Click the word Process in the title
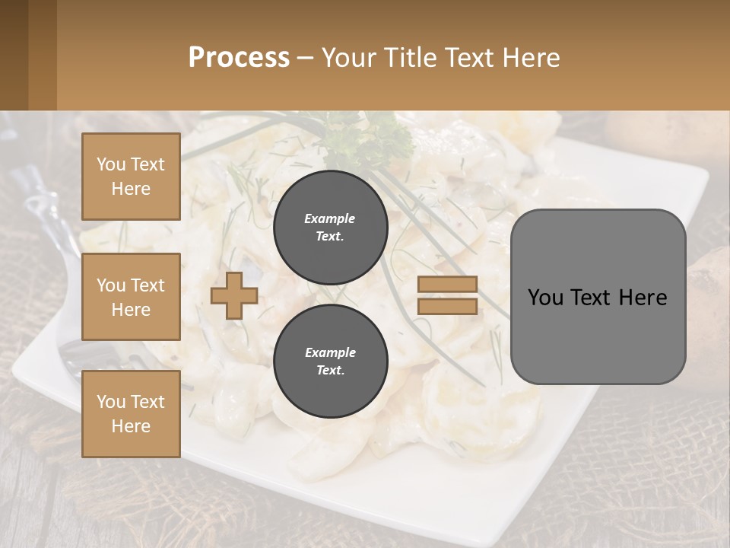click(x=239, y=57)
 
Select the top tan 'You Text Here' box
click(x=131, y=177)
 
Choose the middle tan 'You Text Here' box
click(x=131, y=297)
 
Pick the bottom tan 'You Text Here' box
click(x=131, y=413)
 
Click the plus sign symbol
click(x=233, y=295)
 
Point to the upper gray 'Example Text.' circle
click(x=330, y=227)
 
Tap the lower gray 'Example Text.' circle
click(x=330, y=361)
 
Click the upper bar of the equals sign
click(x=447, y=284)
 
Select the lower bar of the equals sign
click(x=447, y=306)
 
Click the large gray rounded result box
click(x=598, y=297)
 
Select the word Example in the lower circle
click(x=330, y=352)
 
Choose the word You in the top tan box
click(x=110, y=164)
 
